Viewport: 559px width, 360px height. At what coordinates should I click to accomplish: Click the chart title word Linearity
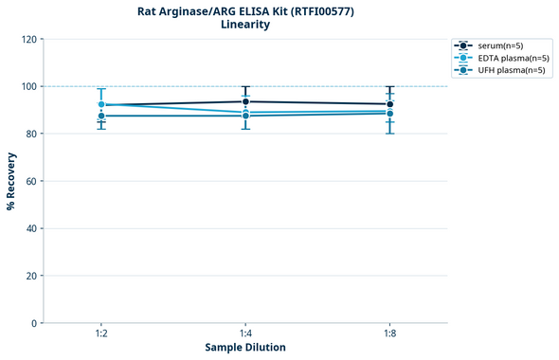tap(244, 25)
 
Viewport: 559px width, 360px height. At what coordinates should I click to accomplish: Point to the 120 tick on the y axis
tap(30, 39)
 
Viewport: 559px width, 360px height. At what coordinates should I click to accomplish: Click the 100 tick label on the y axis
tap(30, 86)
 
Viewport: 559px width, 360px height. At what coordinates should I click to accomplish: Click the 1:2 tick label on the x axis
tap(101, 334)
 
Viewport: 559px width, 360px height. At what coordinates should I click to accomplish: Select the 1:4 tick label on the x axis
tap(245, 334)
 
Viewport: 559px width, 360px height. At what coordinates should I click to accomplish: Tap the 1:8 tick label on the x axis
tap(389, 334)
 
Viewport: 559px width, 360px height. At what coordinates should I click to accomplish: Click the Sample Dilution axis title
tap(245, 348)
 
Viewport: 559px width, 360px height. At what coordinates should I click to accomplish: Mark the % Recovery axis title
tap(11, 181)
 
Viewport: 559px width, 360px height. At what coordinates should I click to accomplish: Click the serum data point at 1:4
tap(245, 101)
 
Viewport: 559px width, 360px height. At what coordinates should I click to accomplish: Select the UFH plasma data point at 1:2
tap(101, 116)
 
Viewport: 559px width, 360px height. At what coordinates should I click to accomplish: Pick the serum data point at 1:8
tap(389, 104)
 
